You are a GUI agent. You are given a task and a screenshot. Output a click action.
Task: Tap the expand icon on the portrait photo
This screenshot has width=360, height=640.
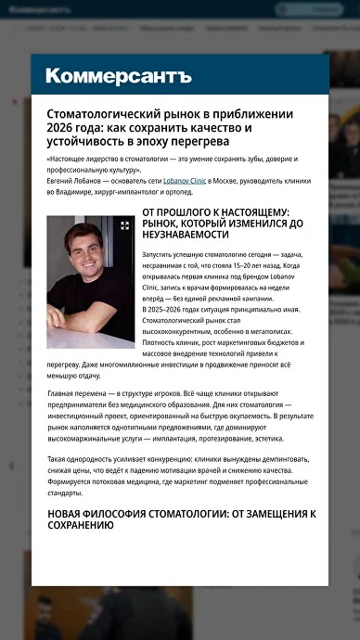point(125,225)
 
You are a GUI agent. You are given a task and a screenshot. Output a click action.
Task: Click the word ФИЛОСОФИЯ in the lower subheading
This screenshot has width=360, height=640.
point(133,513)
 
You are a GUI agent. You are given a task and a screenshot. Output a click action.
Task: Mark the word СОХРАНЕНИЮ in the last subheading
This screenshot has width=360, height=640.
point(80,526)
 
